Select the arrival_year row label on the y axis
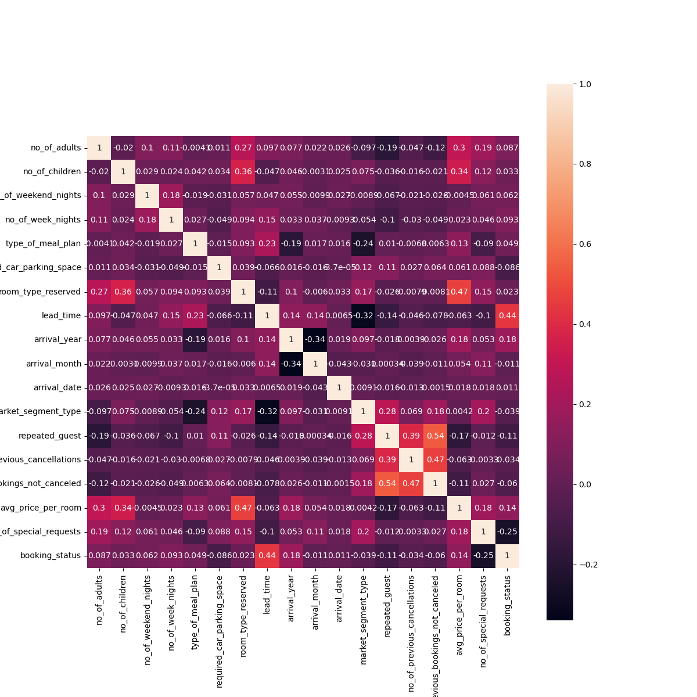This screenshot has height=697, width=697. coord(58,339)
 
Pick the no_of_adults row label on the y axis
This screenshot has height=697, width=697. coord(56,148)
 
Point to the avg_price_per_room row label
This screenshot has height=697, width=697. coord(49,508)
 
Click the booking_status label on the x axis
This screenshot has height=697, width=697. coord(508,604)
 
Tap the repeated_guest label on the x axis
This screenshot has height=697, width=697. coord(387,605)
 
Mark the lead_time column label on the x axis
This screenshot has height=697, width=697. coord(267,592)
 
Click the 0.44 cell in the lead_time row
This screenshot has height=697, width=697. coord(507,315)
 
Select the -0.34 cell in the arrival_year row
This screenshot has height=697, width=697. coord(315,339)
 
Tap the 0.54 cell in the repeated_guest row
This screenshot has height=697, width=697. coord(435,436)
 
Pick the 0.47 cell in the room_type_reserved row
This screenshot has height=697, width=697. coord(459,292)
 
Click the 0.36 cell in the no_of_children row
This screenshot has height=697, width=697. coord(243,172)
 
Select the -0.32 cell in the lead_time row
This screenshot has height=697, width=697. coord(363,315)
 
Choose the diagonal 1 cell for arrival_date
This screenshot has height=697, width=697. coord(339,387)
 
